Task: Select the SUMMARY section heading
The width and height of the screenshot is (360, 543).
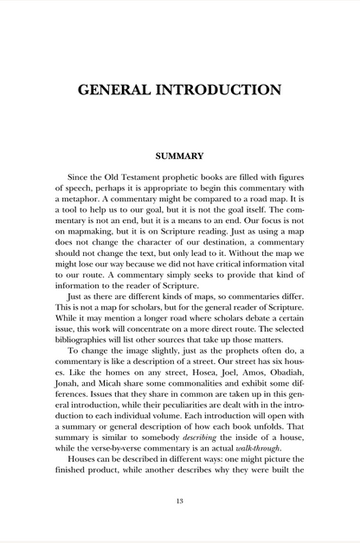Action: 179,157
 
